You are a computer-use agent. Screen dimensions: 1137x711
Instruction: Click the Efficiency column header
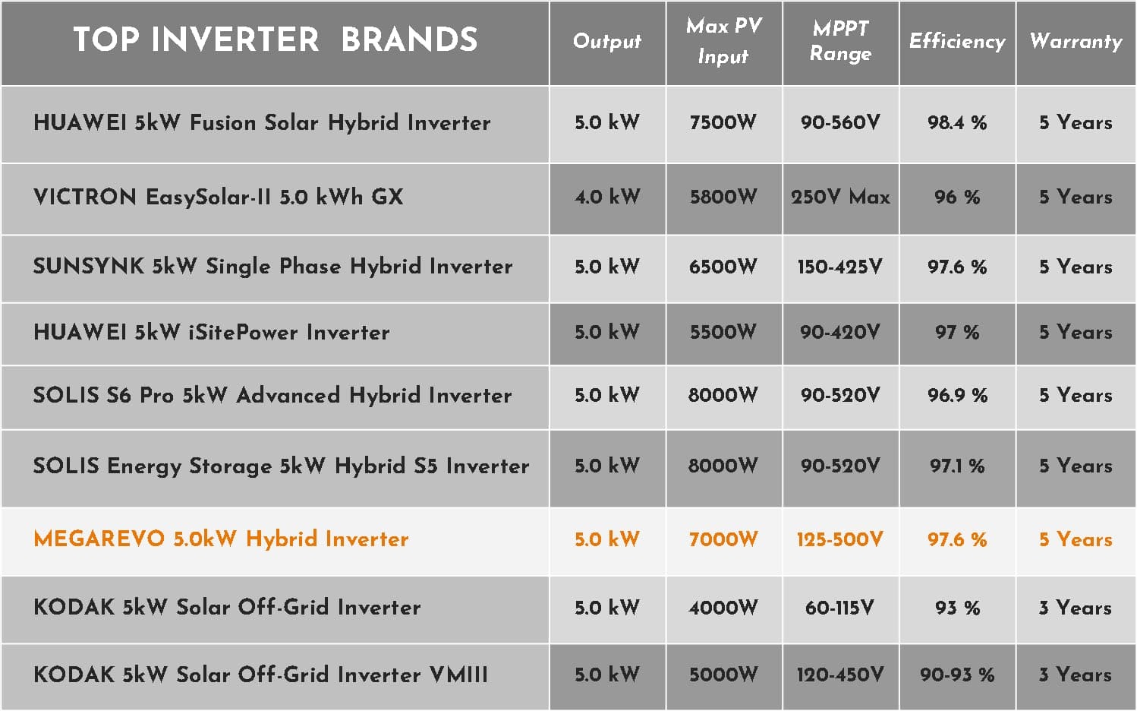tap(957, 41)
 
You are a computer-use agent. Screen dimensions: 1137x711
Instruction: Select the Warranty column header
tap(1076, 41)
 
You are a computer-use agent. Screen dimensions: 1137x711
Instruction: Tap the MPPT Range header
tap(840, 40)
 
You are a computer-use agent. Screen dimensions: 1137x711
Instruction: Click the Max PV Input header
tap(724, 40)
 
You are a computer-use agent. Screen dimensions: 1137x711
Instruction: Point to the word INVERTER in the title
tap(235, 39)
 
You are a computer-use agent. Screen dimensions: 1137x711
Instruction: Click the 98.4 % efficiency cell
tap(957, 122)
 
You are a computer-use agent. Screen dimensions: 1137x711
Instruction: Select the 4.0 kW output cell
tap(607, 197)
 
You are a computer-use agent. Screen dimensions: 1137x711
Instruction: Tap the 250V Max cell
tap(840, 197)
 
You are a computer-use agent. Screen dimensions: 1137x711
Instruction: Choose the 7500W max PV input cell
tap(723, 122)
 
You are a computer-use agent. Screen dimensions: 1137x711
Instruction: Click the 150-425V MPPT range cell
tap(840, 267)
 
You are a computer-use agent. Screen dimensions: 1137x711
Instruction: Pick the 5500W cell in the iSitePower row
tap(723, 332)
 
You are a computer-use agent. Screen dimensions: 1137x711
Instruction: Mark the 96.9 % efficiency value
tap(957, 395)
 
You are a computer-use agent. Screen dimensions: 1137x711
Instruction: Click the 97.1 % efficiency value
tap(957, 466)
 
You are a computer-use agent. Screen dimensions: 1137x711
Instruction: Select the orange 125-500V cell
tap(840, 539)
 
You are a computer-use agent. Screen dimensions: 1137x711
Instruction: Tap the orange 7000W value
tap(723, 539)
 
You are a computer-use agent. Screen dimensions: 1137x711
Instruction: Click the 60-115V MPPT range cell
tap(840, 608)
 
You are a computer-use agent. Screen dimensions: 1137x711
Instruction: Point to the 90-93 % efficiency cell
tap(957, 675)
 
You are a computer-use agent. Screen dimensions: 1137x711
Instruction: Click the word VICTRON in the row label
tap(85, 197)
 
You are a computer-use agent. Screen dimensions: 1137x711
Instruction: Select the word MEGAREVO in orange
tap(99, 539)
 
